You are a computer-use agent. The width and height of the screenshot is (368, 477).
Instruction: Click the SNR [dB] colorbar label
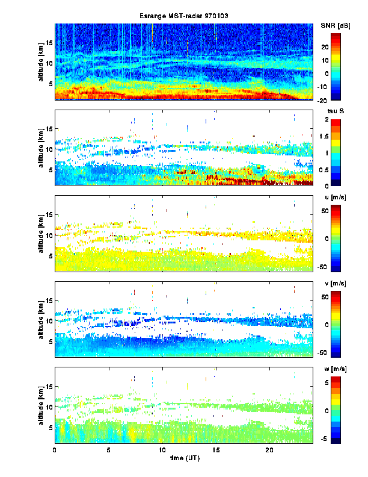tap(336, 25)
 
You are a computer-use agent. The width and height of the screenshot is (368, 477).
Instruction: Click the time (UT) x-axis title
tap(183, 458)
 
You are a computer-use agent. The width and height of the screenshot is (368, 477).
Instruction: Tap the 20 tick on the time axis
tap(269, 450)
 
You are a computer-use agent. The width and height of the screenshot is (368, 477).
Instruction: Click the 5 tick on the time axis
tap(109, 450)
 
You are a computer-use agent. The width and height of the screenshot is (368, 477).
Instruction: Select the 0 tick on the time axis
tap(55, 450)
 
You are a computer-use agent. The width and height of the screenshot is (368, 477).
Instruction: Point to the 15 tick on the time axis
tap(216, 450)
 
